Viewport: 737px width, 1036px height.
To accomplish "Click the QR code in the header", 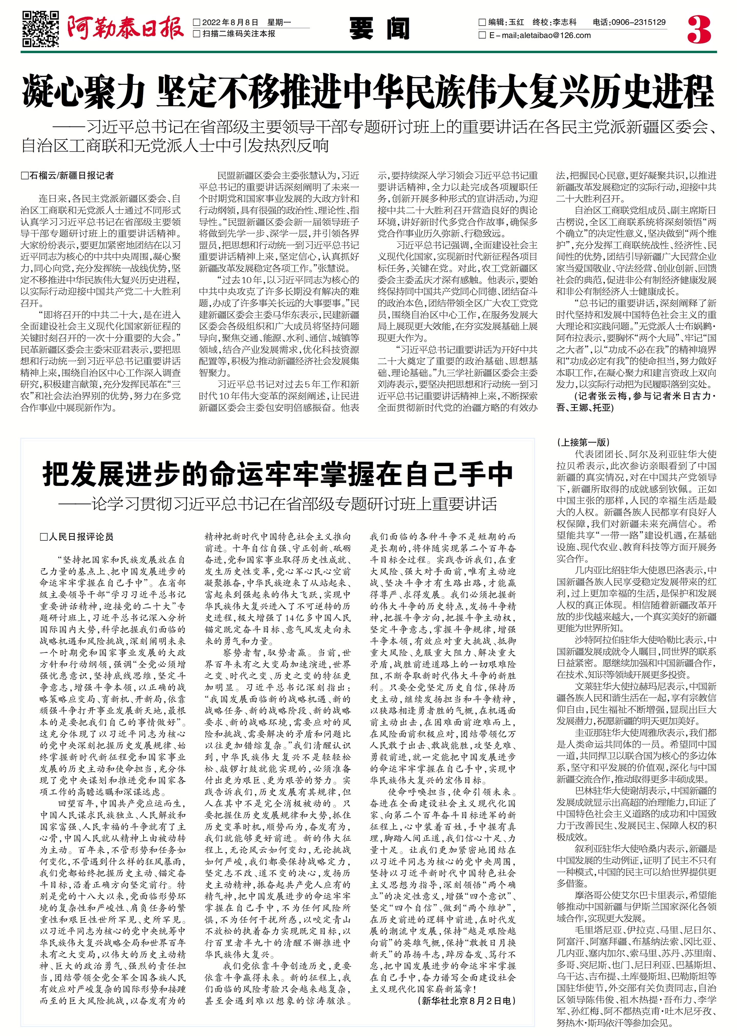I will pyautogui.click(x=41, y=29).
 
